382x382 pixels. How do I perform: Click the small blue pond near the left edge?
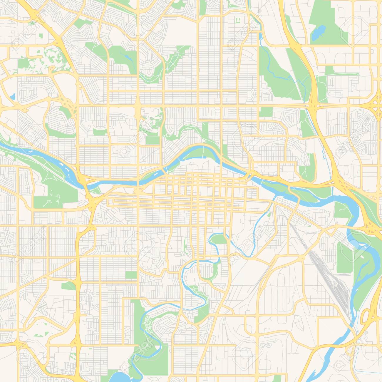(x=12, y=96)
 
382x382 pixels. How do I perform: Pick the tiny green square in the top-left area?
(x=40, y=36)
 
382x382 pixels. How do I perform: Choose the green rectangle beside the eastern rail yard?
(x=344, y=253)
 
